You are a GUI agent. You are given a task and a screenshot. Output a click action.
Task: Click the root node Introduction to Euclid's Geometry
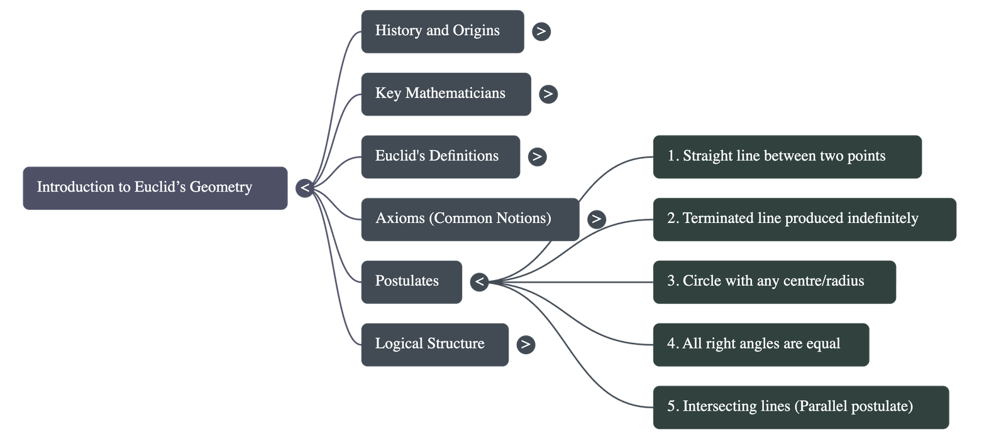point(155,188)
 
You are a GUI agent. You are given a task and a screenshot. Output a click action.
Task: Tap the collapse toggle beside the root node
point(305,188)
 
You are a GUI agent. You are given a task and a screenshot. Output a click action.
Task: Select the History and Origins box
point(441,31)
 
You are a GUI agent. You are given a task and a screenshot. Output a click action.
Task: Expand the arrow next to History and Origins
point(541,31)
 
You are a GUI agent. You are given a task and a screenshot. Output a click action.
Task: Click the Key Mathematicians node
point(445,94)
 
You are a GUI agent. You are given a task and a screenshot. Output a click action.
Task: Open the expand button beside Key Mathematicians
point(548,94)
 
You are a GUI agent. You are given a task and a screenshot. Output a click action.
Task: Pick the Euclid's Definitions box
point(440,156)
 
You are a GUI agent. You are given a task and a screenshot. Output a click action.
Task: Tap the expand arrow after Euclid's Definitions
point(537,156)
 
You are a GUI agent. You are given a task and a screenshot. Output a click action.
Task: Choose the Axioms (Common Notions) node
point(469,219)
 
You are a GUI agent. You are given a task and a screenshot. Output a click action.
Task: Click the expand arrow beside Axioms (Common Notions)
point(596,219)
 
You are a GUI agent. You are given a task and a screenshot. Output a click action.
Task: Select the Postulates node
point(411,282)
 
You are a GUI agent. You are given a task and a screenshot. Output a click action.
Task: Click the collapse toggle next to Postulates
point(480,281)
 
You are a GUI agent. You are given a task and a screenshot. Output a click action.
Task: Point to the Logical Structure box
point(434,345)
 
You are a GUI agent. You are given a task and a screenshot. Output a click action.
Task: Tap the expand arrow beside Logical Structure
point(526,344)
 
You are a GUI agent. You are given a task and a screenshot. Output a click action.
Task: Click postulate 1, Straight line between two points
point(787,156)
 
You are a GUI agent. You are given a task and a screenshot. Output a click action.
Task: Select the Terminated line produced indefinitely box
point(804,219)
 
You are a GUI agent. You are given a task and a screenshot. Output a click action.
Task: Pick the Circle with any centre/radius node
point(774,282)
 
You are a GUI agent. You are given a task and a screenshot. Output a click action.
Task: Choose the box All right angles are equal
point(761,345)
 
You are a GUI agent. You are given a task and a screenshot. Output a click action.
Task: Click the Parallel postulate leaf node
point(800,407)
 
